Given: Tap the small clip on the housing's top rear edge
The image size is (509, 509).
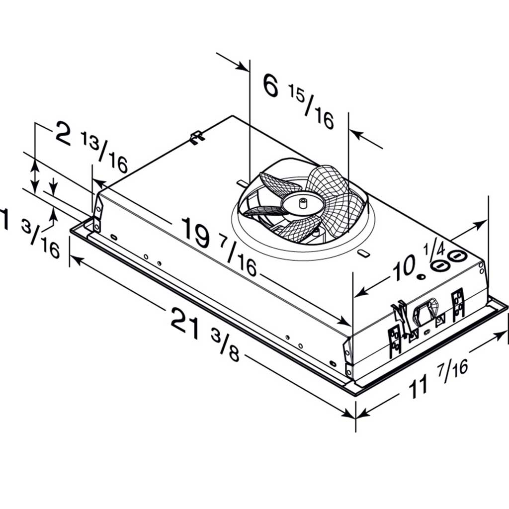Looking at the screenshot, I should [197, 137].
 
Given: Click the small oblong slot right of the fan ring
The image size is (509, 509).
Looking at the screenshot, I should [363, 254].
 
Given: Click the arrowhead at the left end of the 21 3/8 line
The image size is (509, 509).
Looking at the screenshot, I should [74, 258].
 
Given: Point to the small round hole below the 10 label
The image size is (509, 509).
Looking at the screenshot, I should [421, 277].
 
